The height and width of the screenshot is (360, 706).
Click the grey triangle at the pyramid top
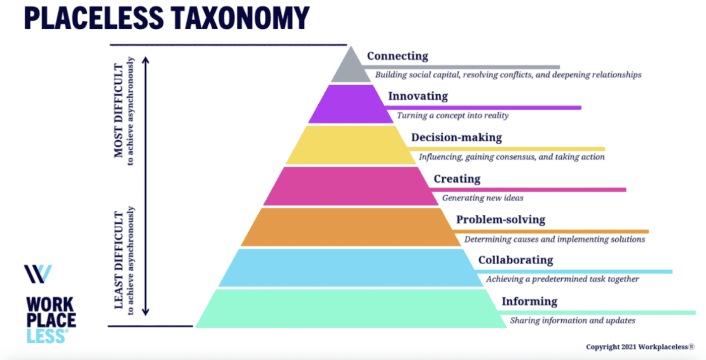point(351,68)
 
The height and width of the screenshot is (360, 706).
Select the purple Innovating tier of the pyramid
point(351,104)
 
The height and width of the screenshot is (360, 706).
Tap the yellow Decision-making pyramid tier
point(351,145)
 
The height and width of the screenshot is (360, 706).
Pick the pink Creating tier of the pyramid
point(351,186)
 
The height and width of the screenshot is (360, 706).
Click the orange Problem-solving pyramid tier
point(351,227)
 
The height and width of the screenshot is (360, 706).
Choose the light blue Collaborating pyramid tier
point(351,268)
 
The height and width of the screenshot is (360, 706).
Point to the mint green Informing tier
point(351,309)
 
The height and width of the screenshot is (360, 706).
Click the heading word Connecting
point(397,56)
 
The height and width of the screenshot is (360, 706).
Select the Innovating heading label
point(418,96)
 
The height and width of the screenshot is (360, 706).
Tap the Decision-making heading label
point(456,137)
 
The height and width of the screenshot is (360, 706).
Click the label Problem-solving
point(501,220)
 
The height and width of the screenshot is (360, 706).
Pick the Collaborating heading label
point(515,260)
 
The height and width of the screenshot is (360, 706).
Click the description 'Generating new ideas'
point(483,198)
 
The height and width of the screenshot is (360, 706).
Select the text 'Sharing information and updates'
point(572,321)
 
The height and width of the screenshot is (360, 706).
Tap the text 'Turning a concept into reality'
point(452,115)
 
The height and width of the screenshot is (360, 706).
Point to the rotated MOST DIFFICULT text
point(119,111)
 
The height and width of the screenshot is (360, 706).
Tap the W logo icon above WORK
point(38,274)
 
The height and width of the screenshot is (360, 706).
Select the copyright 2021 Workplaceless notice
point(640,347)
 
